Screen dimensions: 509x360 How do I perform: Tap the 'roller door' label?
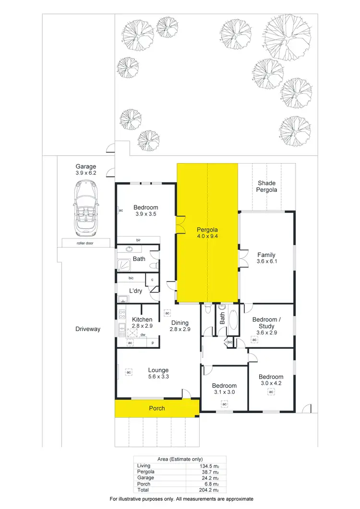[86, 243]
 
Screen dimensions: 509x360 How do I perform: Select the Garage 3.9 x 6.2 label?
[86, 170]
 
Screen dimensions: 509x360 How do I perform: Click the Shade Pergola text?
[267, 186]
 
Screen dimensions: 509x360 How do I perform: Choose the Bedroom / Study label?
[265, 323]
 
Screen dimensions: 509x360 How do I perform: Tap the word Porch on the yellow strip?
[157, 408]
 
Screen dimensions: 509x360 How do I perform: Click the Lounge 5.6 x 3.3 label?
[158, 373]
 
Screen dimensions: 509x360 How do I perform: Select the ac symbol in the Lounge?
[129, 371]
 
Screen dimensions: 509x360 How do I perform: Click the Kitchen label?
[142, 322]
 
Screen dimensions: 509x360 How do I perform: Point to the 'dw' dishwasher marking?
[143, 335]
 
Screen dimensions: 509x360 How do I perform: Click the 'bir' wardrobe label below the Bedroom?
[138, 240]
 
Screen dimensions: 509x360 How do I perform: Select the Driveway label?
[88, 329]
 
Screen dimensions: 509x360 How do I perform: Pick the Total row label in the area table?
[144, 490]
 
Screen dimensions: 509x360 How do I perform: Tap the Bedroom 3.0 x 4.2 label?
[271, 380]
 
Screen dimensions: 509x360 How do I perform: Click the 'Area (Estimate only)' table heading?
[180, 459]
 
